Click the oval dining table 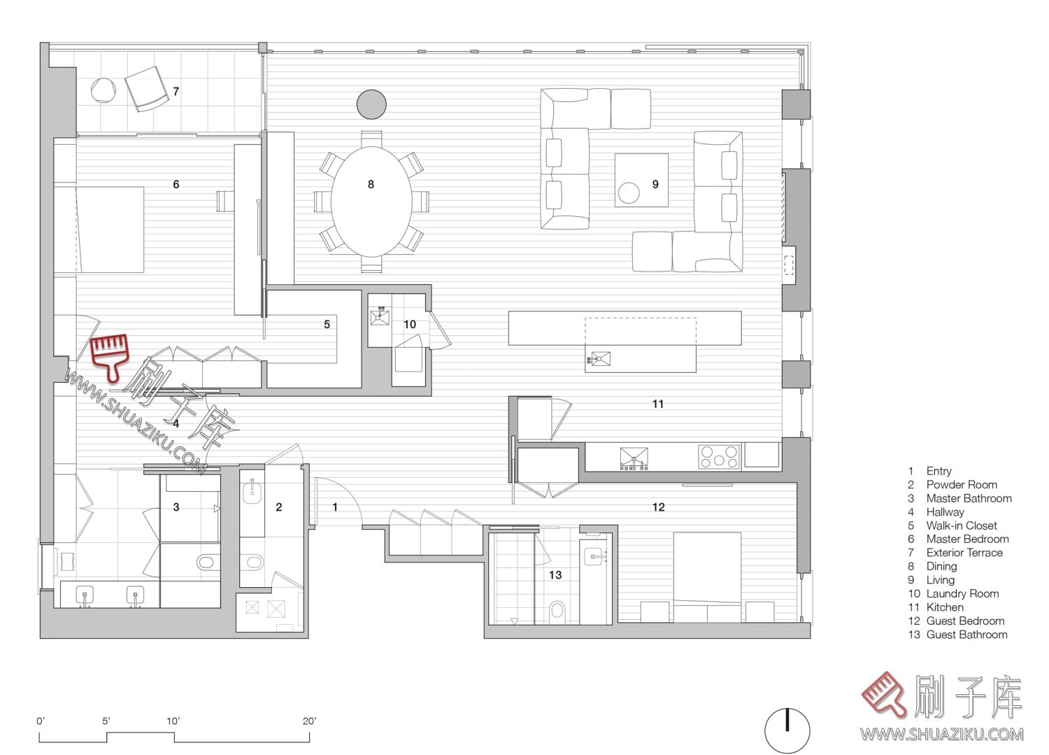[371, 202]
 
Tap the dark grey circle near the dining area [371, 104]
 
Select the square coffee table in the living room [641, 180]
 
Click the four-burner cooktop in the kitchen [718, 457]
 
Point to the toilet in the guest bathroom [557, 609]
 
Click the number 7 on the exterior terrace [176, 92]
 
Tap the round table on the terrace [103, 90]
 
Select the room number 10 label [410, 324]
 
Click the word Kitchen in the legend [945, 607]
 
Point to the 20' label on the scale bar [309, 721]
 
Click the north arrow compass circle [787, 731]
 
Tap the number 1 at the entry [335, 507]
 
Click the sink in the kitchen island [599, 360]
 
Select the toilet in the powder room [255, 562]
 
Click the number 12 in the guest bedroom [659, 507]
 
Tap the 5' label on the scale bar [106, 721]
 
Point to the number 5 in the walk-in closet [327, 324]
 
